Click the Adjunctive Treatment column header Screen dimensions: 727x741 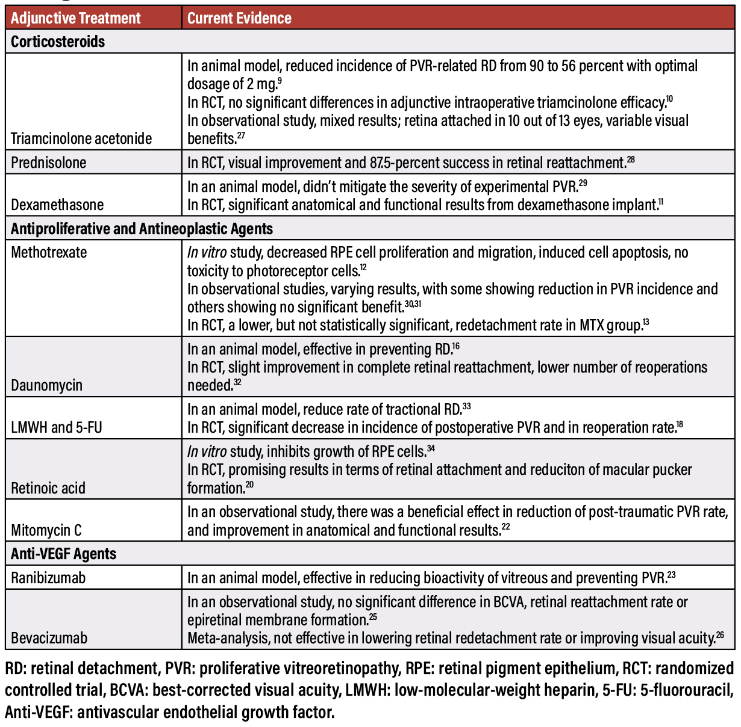pyautogui.click(x=75, y=19)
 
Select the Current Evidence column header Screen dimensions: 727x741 pyautogui.click(x=239, y=19)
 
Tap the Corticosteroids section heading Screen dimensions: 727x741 pyautogui.click(x=58, y=42)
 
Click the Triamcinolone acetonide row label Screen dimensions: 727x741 pyautogui.click(x=81, y=138)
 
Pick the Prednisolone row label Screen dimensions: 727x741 pyautogui.click(x=49, y=162)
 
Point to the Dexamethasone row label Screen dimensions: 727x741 pyautogui.click(x=57, y=205)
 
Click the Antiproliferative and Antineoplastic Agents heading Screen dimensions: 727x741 pyautogui.click(x=142, y=229)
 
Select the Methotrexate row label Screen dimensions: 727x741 pyautogui.click(x=49, y=252)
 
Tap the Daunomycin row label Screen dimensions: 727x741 pyautogui.click(x=46, y=385)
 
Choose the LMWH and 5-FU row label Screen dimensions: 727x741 pyautogui.click(x=57, y=427)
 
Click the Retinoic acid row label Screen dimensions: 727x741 pyautogui.click(x=48, y=488)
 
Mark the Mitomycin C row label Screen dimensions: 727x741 pyautogui.click(x=46, y=530)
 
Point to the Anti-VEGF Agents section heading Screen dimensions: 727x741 pyautogui.click(x=63, y=554)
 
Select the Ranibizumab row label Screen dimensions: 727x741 pyautogui.click(x=48, y=578)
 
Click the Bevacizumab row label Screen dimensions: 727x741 pyautogui.click(x=49, y=638)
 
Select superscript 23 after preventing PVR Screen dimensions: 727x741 pyautogui.click(x=671, y=575)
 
